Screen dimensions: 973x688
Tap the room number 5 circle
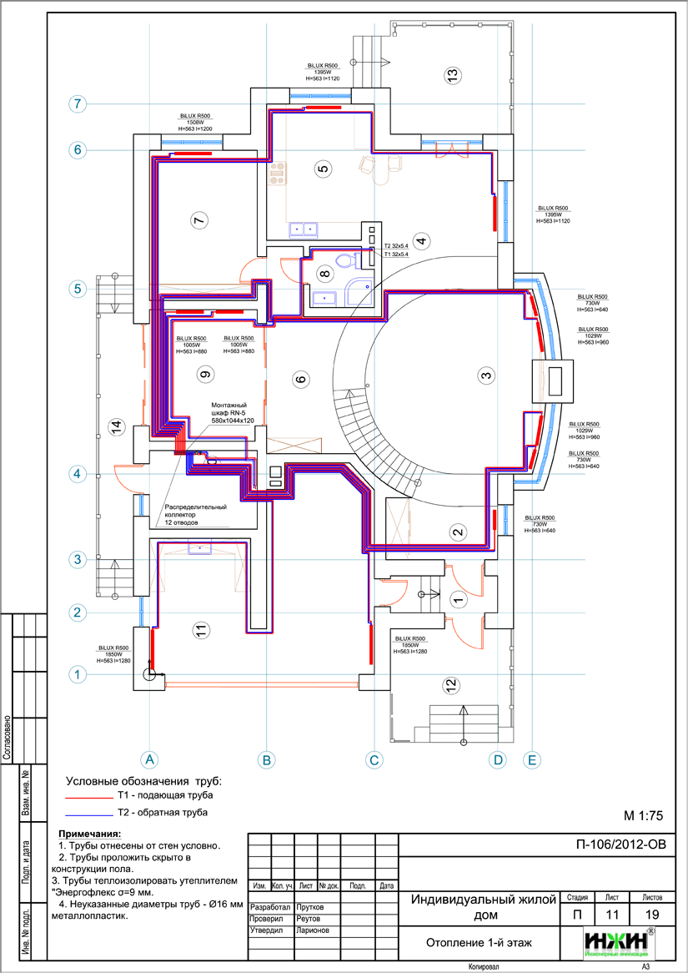click(x=324, y=169)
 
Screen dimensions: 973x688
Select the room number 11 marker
click(x=198, y=631)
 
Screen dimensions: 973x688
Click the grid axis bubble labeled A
click(x=149, y=759)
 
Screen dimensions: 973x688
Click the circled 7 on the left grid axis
click(x=78, y=104)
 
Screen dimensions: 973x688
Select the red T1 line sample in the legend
click(x=88, y=797)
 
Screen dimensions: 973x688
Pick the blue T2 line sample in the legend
click(x=88, y=813)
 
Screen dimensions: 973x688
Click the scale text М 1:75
click(x=642, y=815)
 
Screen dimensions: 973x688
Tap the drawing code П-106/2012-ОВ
click(x=621, y=844)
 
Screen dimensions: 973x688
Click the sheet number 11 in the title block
click(x=612, y=915)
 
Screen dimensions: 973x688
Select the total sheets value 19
click(x=652, y=915)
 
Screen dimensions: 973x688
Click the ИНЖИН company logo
click(x=618, y=943)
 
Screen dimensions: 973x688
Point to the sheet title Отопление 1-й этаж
click(x=479, y=943)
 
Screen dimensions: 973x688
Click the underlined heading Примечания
click(x=89, y=834)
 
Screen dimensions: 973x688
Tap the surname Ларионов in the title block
click(x=314, y=930)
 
